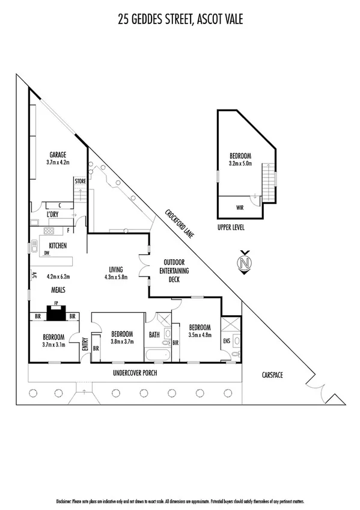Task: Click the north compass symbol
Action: tap(245, 263)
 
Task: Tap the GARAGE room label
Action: tap(58, 154)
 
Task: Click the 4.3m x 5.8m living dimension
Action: tap(116, 277)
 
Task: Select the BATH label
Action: tap(154, 335)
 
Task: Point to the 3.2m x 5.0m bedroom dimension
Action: tap(240, 162)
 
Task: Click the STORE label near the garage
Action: tap(80, 180)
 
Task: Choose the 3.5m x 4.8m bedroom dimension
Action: tap(200, 335)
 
